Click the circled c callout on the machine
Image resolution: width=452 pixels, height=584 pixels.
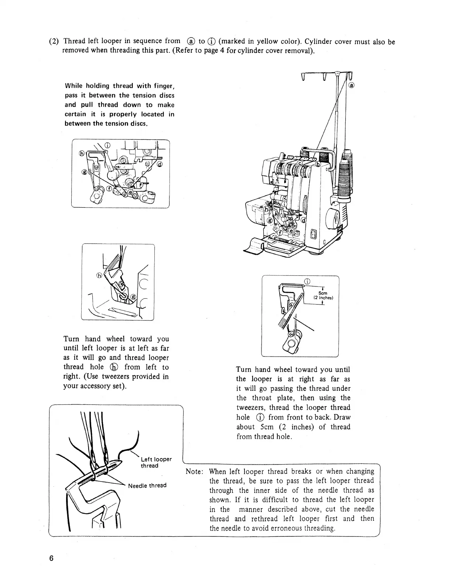(x=300, y=163)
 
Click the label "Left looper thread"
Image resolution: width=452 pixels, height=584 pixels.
(x=156, y=462)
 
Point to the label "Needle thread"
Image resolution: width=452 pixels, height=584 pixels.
(x=147, y=485)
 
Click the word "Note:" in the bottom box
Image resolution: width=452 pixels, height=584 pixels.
(x=194, y=472)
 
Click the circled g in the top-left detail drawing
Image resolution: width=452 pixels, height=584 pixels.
(x=84, y=172)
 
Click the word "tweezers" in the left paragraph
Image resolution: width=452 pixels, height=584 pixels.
(x=117, y=376)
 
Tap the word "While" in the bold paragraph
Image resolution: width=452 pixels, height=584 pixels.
(x=73, y=86)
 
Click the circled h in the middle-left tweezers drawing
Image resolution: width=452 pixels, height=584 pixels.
(x=99, y=275)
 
